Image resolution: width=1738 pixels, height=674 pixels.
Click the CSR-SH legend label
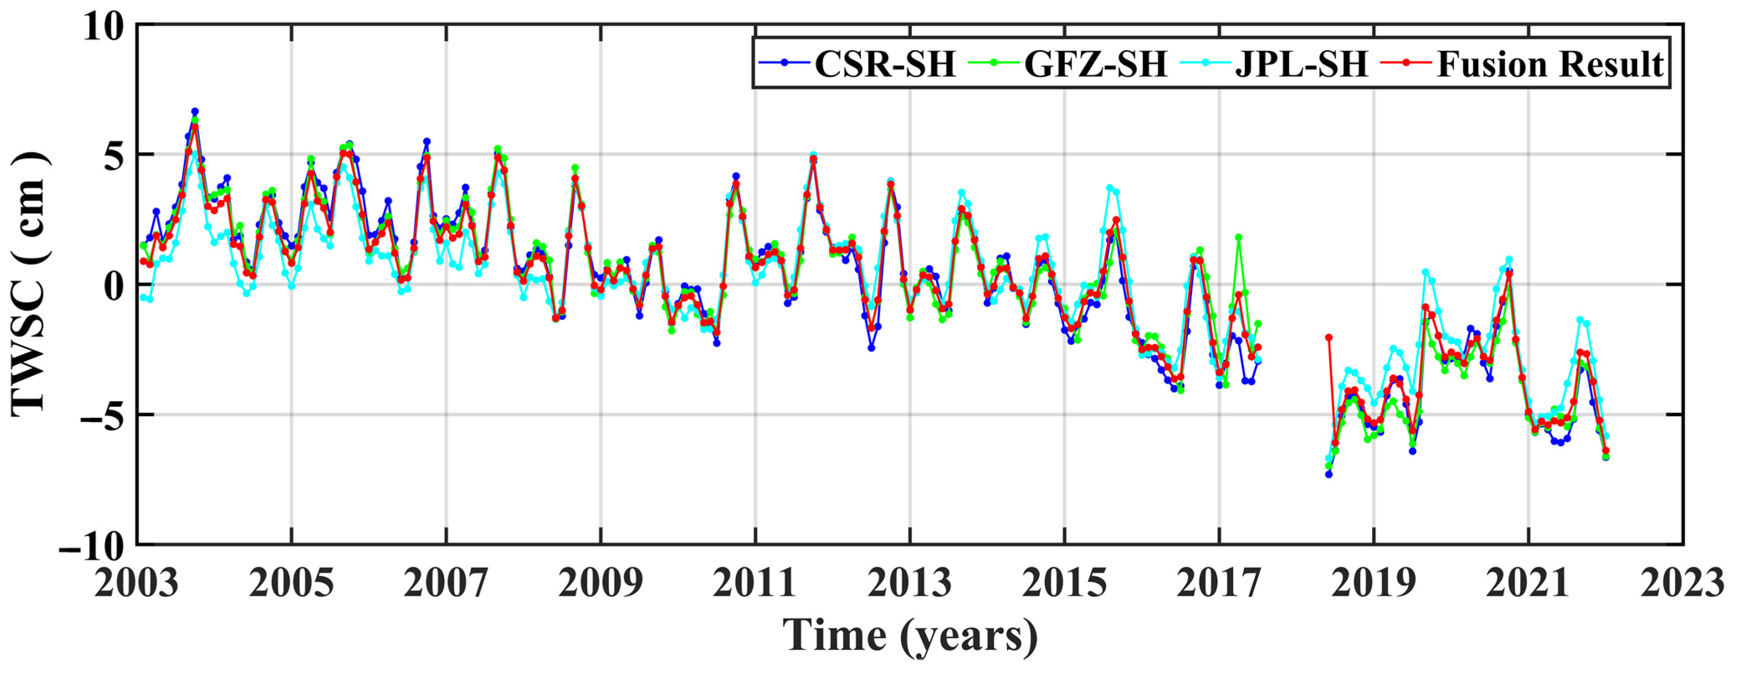coord(885,64)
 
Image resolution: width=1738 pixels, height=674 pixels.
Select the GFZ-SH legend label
coord(1095,64)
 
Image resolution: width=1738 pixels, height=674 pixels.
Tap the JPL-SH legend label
coord(1301,64)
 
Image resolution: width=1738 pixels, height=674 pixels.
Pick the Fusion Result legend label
coord(1550,64)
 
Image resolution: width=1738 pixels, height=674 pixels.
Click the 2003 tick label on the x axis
coord(136,583)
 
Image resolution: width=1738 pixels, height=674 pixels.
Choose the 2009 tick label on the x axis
coord(601,583)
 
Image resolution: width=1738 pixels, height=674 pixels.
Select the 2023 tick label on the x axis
coord(1682,583)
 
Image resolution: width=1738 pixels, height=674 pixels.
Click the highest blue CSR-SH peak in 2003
coord(195,111)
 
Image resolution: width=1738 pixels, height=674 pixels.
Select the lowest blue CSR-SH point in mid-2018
coord(1328,474)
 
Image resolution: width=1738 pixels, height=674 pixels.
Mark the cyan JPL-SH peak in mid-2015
coord(1110,188)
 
